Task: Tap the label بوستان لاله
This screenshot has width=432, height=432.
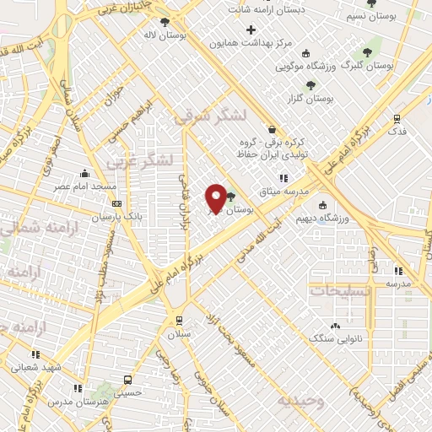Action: (164, 35)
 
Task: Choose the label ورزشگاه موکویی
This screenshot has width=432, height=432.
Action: (307, 65)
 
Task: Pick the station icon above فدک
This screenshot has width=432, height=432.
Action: (397, 119)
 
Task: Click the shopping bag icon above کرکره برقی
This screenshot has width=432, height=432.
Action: (272, 129)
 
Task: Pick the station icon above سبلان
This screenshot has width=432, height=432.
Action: (178, 320)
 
